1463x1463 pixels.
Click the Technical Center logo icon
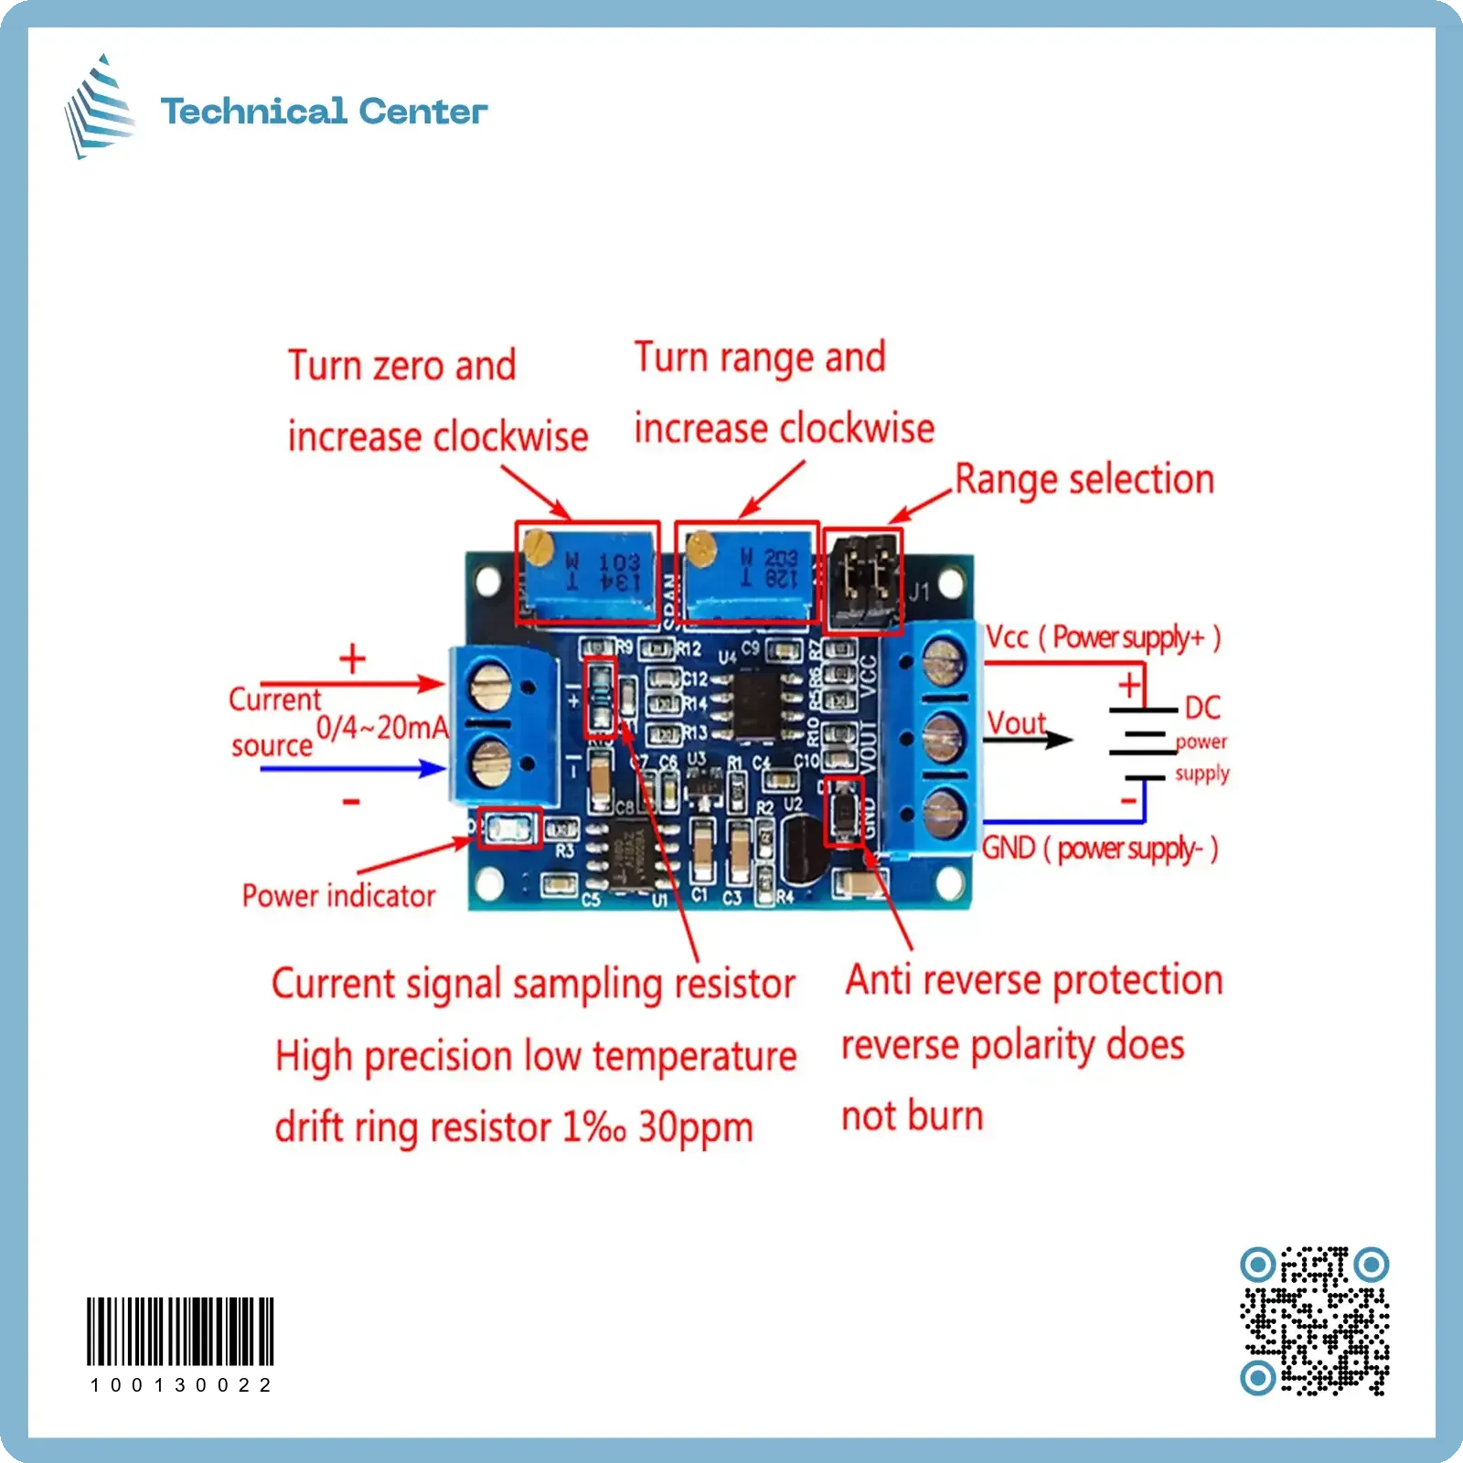(100, 107)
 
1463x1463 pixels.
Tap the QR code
(1314, 1320)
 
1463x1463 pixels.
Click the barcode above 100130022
(180, 1330)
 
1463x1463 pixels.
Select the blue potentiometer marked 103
(588, 574)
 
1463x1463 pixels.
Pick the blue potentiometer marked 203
(746, 573)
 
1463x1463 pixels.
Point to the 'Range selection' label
(1084, 480)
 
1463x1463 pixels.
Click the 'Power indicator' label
(338, 896)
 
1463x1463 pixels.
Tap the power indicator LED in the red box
(508, 829)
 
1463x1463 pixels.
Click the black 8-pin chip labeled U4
(754, 704)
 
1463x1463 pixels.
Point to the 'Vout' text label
(1016, 722)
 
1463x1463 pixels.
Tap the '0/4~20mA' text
(382, 728)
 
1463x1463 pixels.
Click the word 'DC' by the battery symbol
(1202, 707)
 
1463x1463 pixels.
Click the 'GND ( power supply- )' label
(1100, 849)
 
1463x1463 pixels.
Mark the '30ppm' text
(695, 1127)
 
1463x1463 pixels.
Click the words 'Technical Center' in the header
(324, 112)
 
